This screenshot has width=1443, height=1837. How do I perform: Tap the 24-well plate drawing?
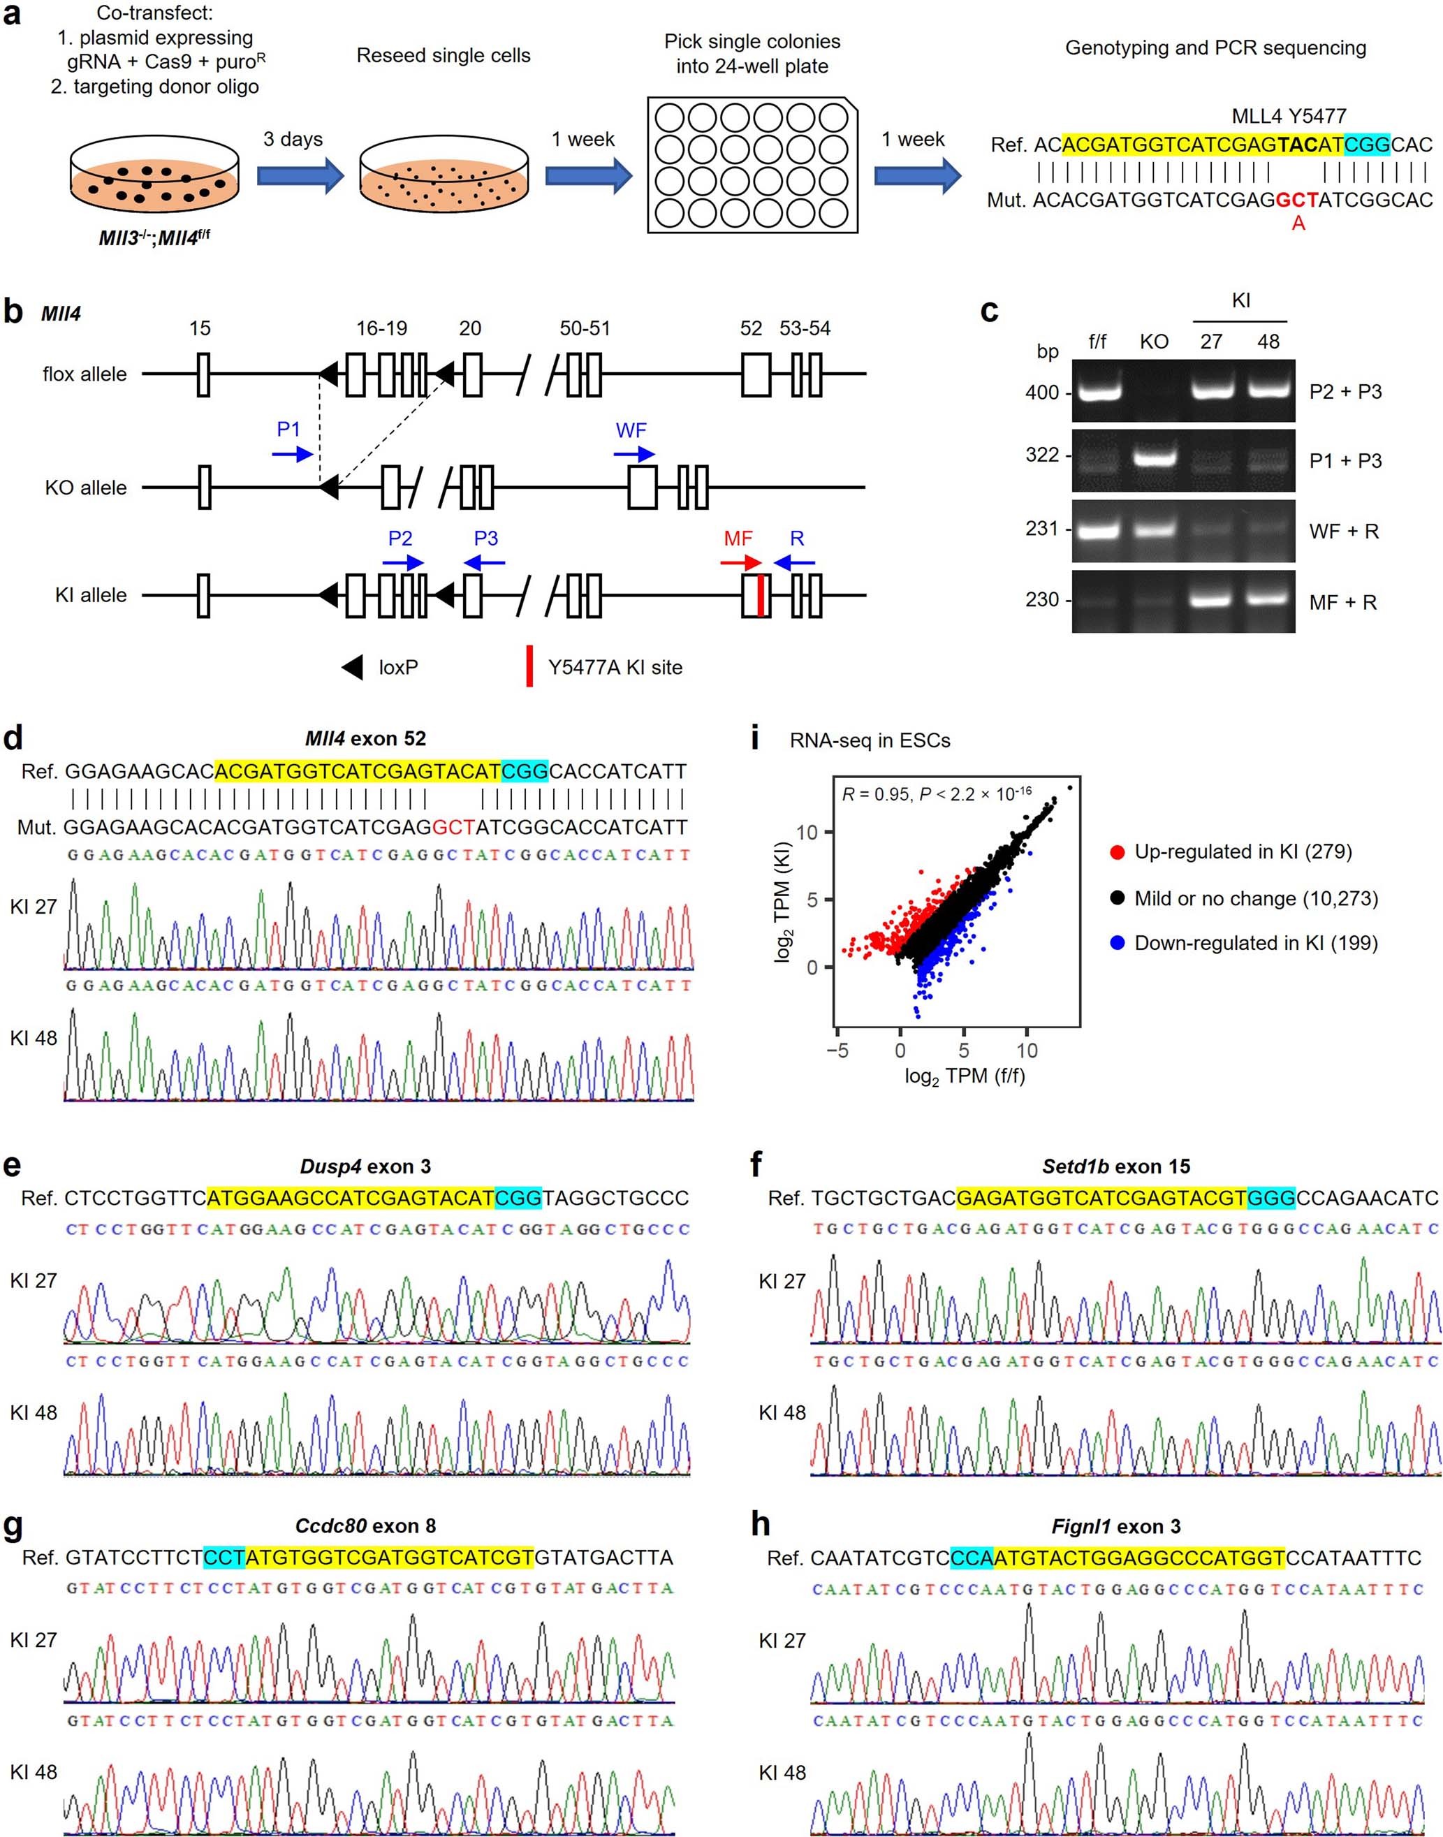(x=752, y=165)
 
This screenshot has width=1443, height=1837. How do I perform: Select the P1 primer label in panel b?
(x=288, y=430)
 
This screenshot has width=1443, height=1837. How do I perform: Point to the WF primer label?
(x=631, y=430)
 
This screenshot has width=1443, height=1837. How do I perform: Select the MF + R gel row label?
(x=1342, y=603)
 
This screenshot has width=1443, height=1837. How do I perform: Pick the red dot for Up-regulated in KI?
(x=1117, y=851)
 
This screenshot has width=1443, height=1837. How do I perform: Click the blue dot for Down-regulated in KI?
(x=1117, y=943)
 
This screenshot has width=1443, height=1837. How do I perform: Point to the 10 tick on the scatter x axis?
(x=1027, y=1051)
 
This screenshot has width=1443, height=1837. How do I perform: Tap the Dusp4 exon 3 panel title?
(x=365, y=1167)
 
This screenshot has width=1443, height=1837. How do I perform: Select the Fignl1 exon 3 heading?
(x=1116, y=1527)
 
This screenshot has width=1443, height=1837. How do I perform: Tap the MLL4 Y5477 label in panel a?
(x=1289, y=116)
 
